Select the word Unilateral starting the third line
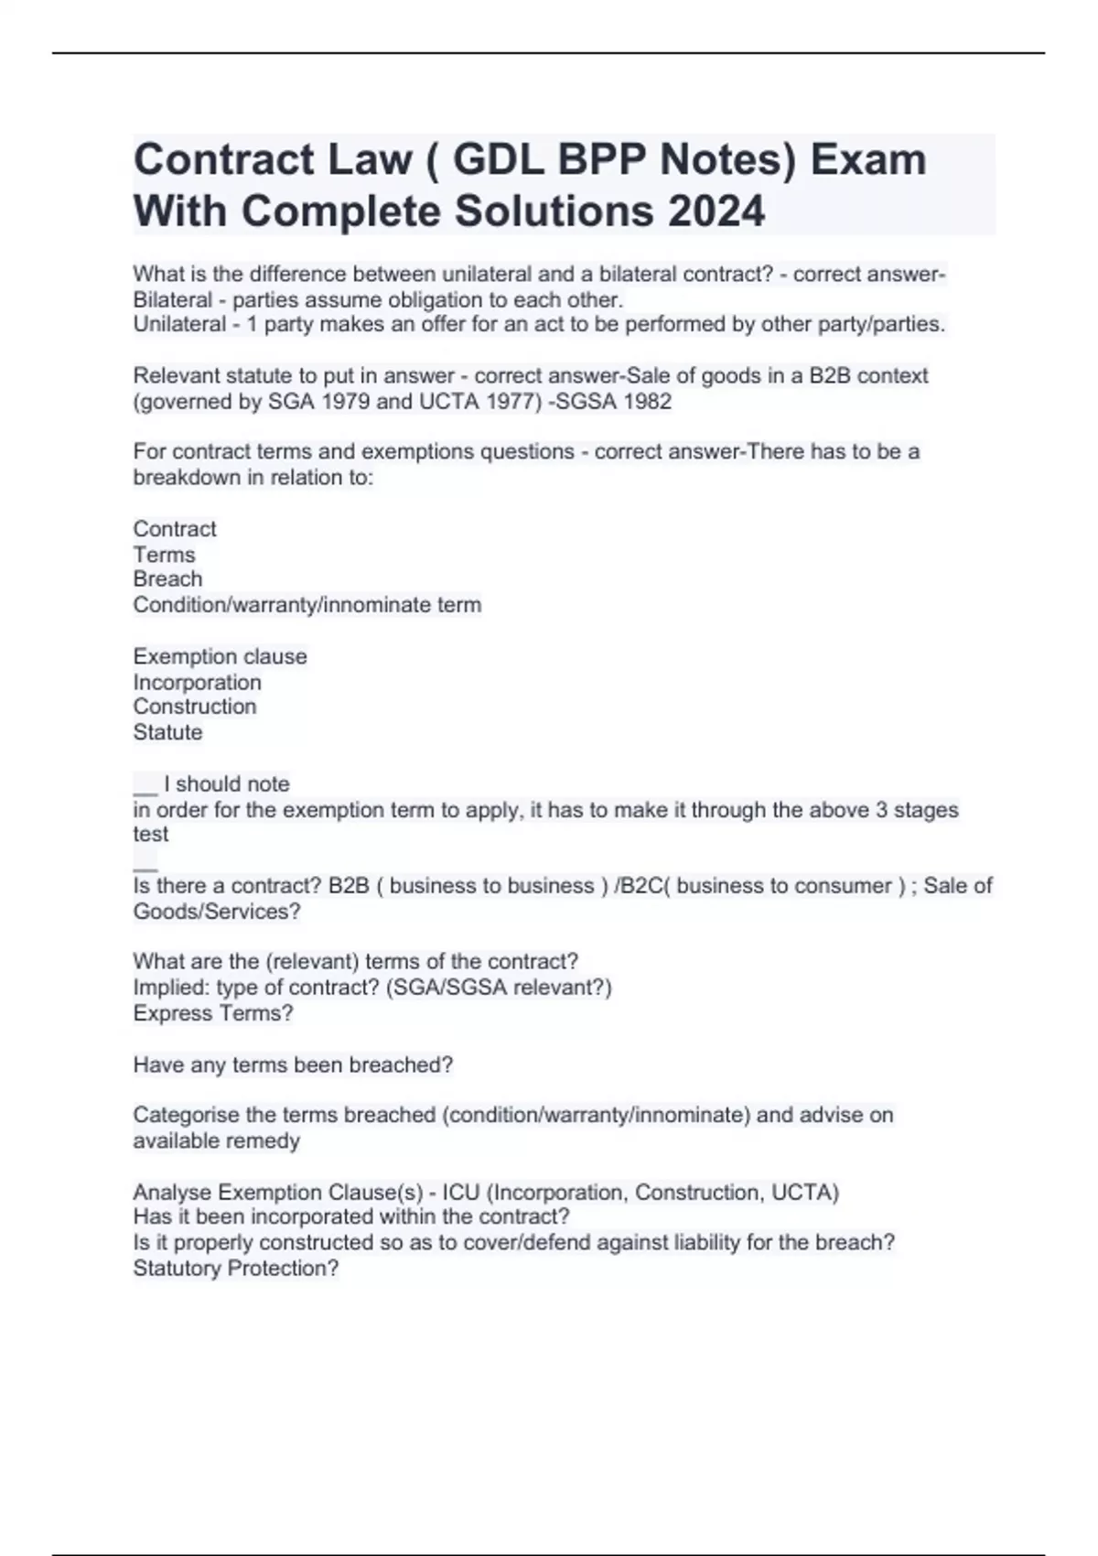pyautogui.click(x=179, y=324)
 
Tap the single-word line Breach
pyautogui.click(x=167, y=579)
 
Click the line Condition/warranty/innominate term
pyautogui.click(x=307, y=605)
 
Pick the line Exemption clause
pyautogui.click(x=220, y=656)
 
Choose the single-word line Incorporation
pyautogui.click(x=197, y=682)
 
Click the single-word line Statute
pyautogui.click(x=167, y=732)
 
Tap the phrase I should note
pyautogui.click(x=227, y=784)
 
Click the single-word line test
pyautogui.click(x=150, y=835)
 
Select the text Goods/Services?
pyautogui.click(x=216, y=912)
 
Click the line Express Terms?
pyautogui.click(x=212, y=1013)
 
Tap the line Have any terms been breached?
pyautogui.click(x=293, y=1064)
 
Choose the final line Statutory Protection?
pyautogui.click(x=235, y=1269)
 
